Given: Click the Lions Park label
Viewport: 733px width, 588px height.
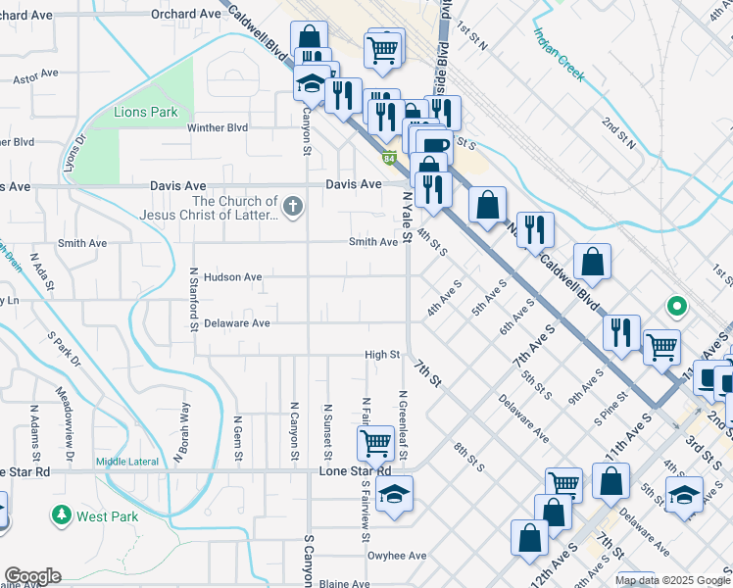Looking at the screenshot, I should (146, 113).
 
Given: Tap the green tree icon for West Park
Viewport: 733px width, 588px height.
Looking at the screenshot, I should (61, 515).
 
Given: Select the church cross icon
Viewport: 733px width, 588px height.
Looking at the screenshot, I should (292, 207).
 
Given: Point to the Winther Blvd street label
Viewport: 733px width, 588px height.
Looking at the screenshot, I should (218, 127).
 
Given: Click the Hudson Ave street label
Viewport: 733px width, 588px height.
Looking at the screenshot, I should (232, 277).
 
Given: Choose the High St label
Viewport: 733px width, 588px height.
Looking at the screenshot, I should (382, 355).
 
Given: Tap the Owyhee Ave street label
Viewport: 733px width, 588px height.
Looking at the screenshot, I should (397, 556).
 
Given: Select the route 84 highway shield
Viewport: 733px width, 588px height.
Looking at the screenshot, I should (390, 158).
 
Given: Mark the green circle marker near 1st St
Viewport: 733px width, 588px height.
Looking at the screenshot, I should (675, 307).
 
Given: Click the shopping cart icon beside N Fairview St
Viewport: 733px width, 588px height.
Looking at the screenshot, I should (376, 443).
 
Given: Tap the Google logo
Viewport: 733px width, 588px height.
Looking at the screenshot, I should (32, 576).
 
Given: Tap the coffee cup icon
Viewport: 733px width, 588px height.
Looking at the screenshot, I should (433, 147).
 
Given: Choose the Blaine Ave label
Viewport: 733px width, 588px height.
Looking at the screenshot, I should (343, 584).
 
